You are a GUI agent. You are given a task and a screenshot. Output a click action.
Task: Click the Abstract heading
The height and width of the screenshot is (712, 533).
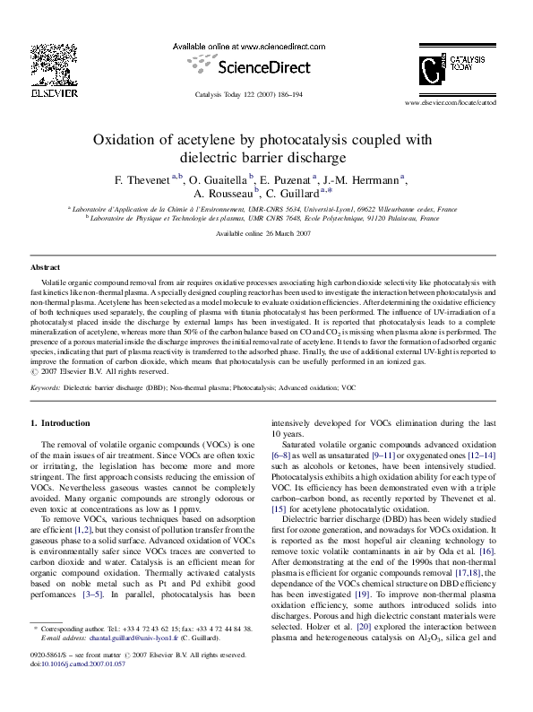coord(46,268)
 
